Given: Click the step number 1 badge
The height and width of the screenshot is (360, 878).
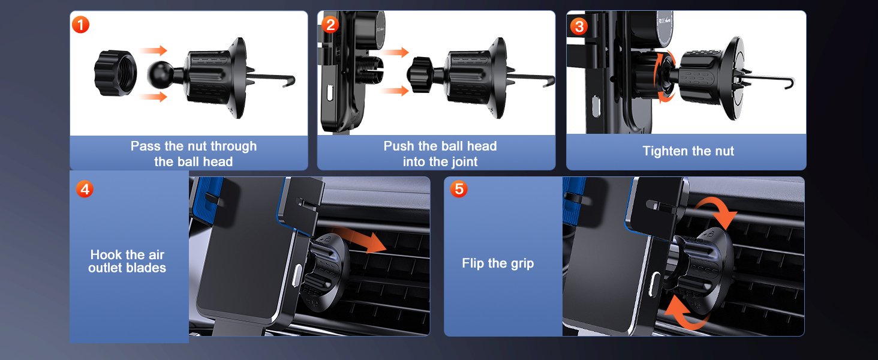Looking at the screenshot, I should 80,25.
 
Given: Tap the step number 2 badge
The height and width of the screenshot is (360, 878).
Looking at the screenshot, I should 330,25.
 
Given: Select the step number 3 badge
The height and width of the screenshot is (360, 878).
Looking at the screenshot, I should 578,26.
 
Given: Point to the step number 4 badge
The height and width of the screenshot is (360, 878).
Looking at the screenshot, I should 85,190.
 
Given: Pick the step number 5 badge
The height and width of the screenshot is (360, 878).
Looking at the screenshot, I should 459,190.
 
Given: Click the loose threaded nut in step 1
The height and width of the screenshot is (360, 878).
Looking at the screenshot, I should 115,73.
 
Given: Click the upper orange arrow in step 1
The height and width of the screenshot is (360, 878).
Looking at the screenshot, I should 154,51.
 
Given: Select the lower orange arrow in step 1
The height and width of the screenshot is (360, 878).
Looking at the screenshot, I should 154,97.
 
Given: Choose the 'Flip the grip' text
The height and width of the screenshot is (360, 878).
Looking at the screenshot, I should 498,263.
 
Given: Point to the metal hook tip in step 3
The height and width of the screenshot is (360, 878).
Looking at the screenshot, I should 792,83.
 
